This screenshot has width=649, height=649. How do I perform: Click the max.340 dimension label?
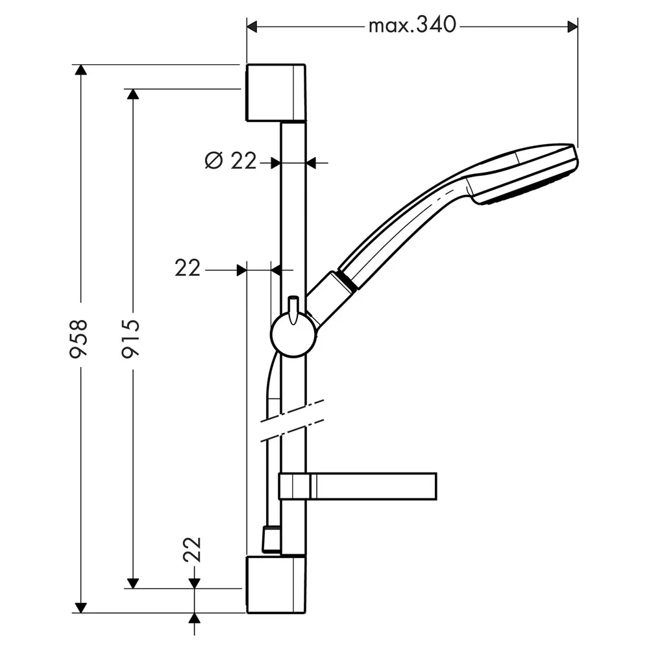coord(412,25)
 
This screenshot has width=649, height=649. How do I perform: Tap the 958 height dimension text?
coord(79,338)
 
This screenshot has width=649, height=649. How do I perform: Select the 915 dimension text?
coord(130,338)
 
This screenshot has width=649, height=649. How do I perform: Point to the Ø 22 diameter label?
coord(230,160)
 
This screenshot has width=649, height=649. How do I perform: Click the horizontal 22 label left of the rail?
coord(188,268)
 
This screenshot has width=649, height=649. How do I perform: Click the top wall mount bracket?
coord(276,93)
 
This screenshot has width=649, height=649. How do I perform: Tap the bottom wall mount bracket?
coord(276,585)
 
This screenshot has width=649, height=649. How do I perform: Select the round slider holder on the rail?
coord(293,335)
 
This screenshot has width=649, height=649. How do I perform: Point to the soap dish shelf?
coord(358,486)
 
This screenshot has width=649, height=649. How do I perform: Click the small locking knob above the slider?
coord(293,310)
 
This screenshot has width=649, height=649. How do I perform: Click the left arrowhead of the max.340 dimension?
coord(252,27)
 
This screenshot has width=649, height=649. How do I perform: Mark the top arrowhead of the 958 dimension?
coord(81,69)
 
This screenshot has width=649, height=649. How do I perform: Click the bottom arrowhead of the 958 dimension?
coord(81,607)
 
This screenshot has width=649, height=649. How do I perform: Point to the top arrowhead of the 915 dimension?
coord(133,94)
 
